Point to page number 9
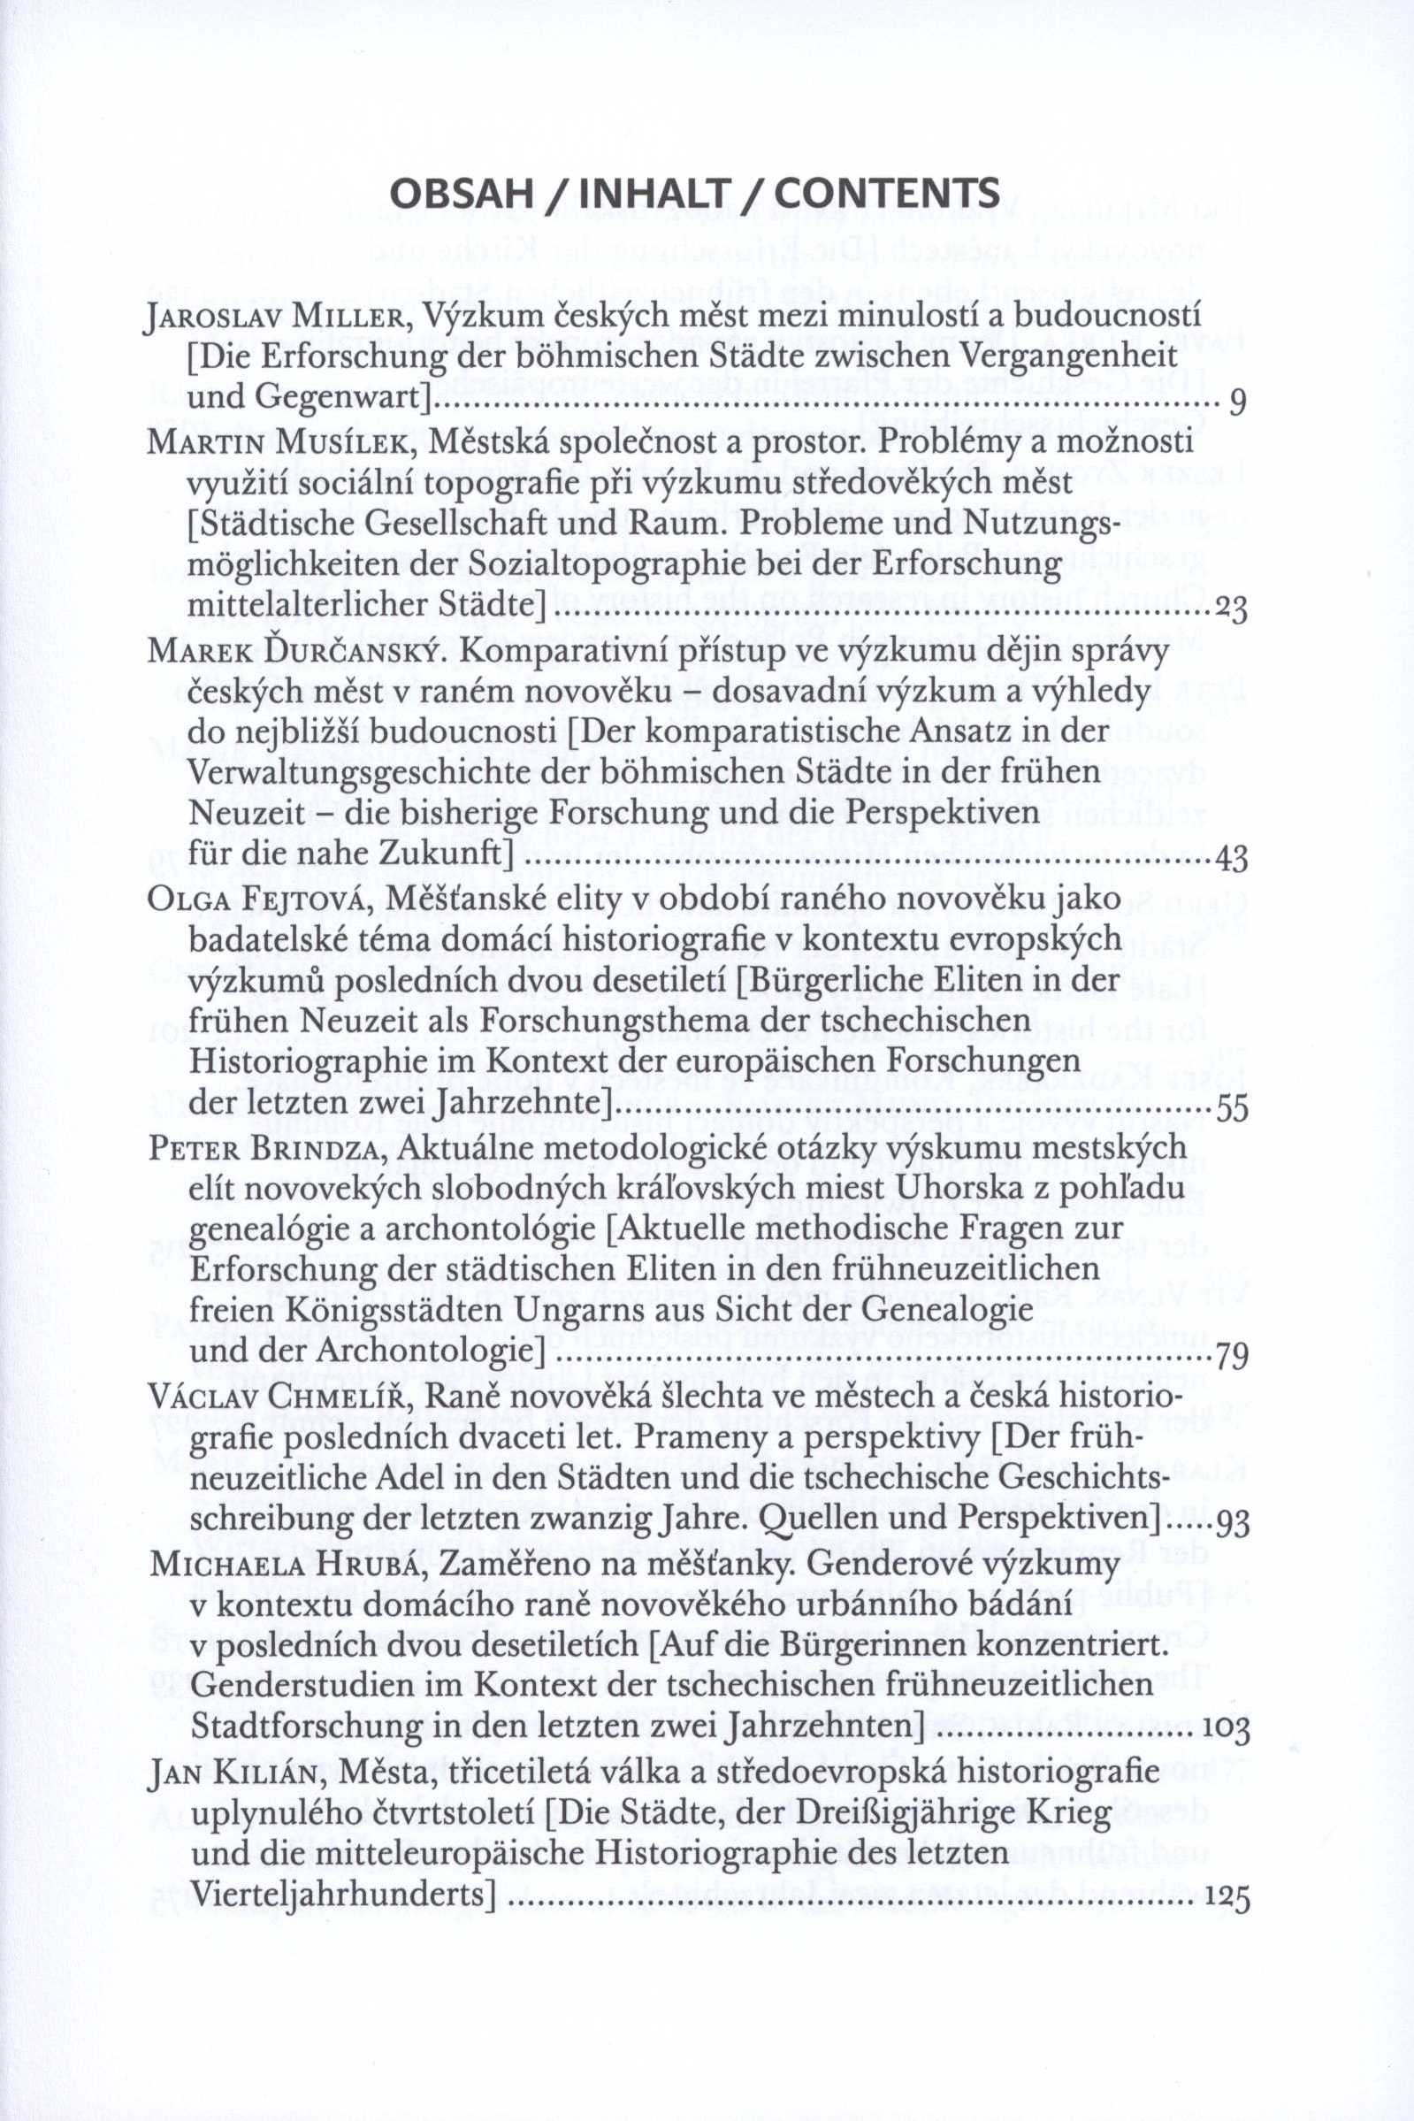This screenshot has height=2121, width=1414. click(x=1237, y=402)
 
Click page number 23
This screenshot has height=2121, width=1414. click(x=1231, y=609)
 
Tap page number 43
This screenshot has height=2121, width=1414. click(x=1231, y=859)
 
